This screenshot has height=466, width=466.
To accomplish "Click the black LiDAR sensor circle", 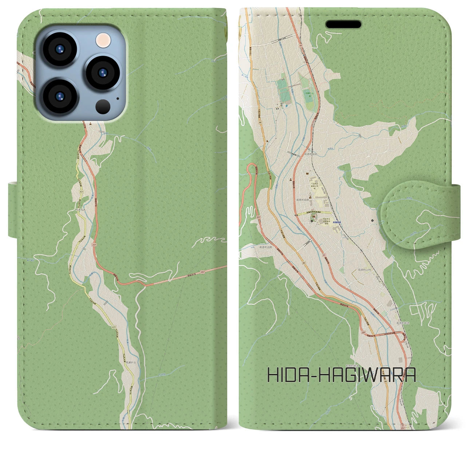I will (103, 107).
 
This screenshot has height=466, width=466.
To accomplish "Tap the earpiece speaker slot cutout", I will (343, 24).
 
